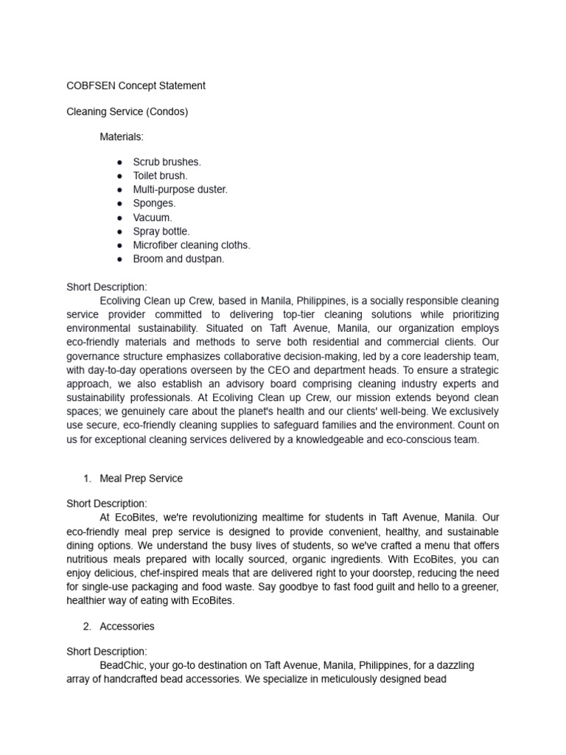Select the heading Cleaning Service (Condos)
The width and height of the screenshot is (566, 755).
[x=127, y=111]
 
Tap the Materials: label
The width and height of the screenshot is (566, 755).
[x=122, y=137]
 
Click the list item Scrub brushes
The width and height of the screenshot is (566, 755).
[x=167, y=161]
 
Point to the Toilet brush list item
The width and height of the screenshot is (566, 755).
[x=160, y=175]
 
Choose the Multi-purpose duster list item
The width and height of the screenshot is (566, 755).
[x=180, y=189]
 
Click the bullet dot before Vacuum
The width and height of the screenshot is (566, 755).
[x=119, y=218]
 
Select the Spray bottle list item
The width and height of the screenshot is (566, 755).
[x=161, y=232]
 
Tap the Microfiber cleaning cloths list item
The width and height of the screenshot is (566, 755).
[x=192, y=245]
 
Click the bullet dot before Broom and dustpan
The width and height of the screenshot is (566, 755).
[x=119, y=259]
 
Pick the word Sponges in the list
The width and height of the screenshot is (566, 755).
[x=154, y=203]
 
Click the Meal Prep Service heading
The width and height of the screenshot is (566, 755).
[x=141, y=479]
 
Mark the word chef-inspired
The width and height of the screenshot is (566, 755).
[x=179, y=573]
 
